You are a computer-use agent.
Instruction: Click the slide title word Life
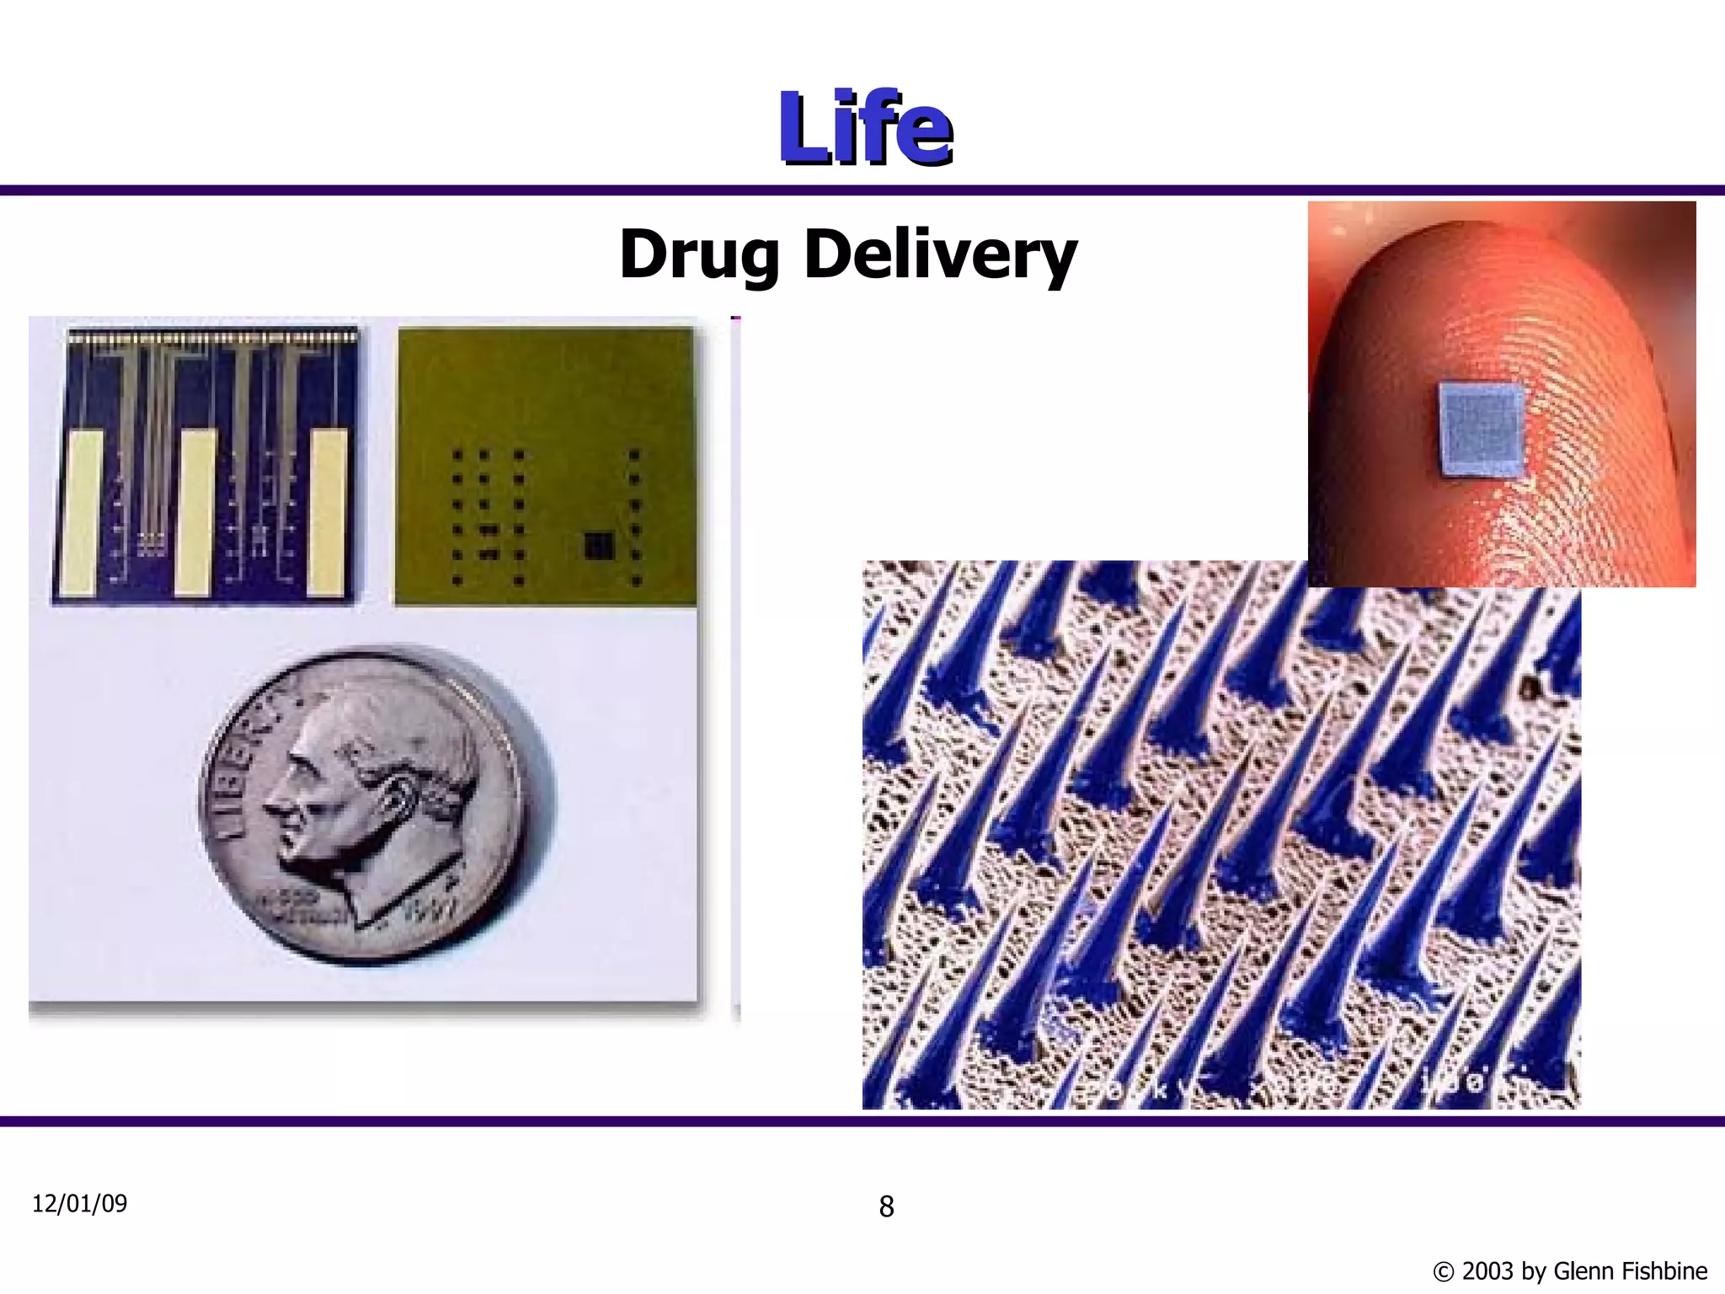click(x=865, y=128)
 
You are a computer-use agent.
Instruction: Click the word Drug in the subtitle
click(x=698, y=254)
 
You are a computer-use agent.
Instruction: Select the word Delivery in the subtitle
click(x=940, y=254)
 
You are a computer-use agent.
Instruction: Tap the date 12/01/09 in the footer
click(x=80, y=1203)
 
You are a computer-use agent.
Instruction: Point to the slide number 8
click(x=886, y=1206)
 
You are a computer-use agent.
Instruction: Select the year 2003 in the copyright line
click(x=1488, y=1270)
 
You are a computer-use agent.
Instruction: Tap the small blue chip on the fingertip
click(x=1482, y=441)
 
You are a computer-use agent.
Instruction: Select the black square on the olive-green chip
click(x=599, y=544)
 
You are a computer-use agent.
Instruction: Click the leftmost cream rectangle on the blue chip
click(x=82, y=512)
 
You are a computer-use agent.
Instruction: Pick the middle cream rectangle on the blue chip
click(x=195, y=512)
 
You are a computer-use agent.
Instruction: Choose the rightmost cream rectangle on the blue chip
click(x=327, y=512)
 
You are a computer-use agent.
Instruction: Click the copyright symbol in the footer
click(x=1443, y=1271)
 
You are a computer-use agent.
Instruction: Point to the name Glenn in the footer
click(x=1582, y=1270)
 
